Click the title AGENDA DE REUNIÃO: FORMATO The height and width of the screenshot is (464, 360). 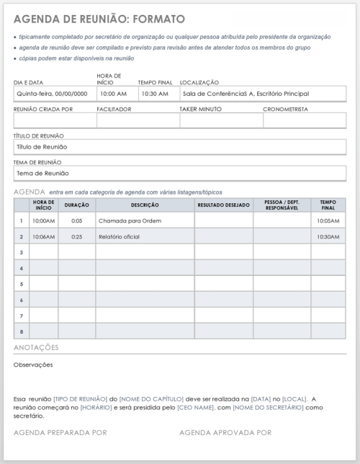pyautogui.click(x=99, y=19)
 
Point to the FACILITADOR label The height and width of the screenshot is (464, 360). pyautogui.click(x=114, y=110)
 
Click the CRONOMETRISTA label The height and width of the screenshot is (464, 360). pyautogui.click(x=286, y=110)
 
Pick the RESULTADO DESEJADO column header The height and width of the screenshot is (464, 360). pyautogui.click(x=223, y=205)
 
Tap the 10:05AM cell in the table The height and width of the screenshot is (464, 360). pyautogui.click(x=328, y=220)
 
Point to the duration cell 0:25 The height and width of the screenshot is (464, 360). pyautogui.click(x=76, y=236)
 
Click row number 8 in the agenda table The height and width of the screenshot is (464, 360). pyautogui.click(x=22, y=331)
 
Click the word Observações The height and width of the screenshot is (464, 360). pyautogui.click(x=33, y=365)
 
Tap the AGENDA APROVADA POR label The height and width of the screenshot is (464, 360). pyautogui.click(x=225, y=432)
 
